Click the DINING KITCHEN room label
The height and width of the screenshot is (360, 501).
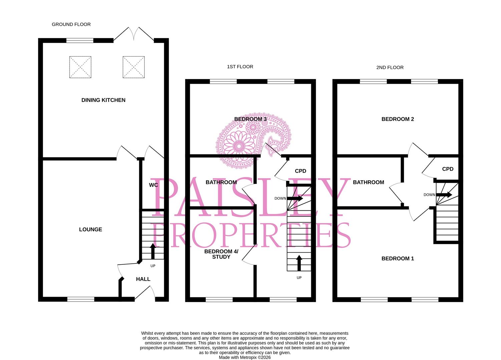[x=103, y=100]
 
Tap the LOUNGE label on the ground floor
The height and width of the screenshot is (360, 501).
[x=90, y=229]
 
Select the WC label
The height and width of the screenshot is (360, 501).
[x=153, y=185]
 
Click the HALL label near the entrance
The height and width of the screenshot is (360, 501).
[x=143, y=279]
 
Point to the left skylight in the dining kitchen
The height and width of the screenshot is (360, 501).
[x=80, y=67]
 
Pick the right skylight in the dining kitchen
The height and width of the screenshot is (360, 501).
[x=133, y=67]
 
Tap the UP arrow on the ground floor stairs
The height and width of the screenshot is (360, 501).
[x=153, y=251]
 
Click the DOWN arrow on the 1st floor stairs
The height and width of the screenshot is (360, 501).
[x=295, y=198]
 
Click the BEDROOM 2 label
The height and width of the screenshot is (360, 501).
[x=398, y=119]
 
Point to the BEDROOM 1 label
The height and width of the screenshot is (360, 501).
[x=398, y=258]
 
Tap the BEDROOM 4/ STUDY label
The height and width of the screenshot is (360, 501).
[x=221, y=254]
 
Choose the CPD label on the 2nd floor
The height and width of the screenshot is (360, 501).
[x=448, y=169]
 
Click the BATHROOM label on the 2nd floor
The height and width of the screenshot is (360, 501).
[x=368, y=182]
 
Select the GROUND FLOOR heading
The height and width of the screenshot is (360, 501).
[x=71, y=24]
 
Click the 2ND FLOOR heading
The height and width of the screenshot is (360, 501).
[x=390, y=67]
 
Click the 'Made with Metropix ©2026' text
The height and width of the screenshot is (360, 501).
[x=244, y=357]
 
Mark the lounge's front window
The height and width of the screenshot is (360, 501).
[x=81, y=299]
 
